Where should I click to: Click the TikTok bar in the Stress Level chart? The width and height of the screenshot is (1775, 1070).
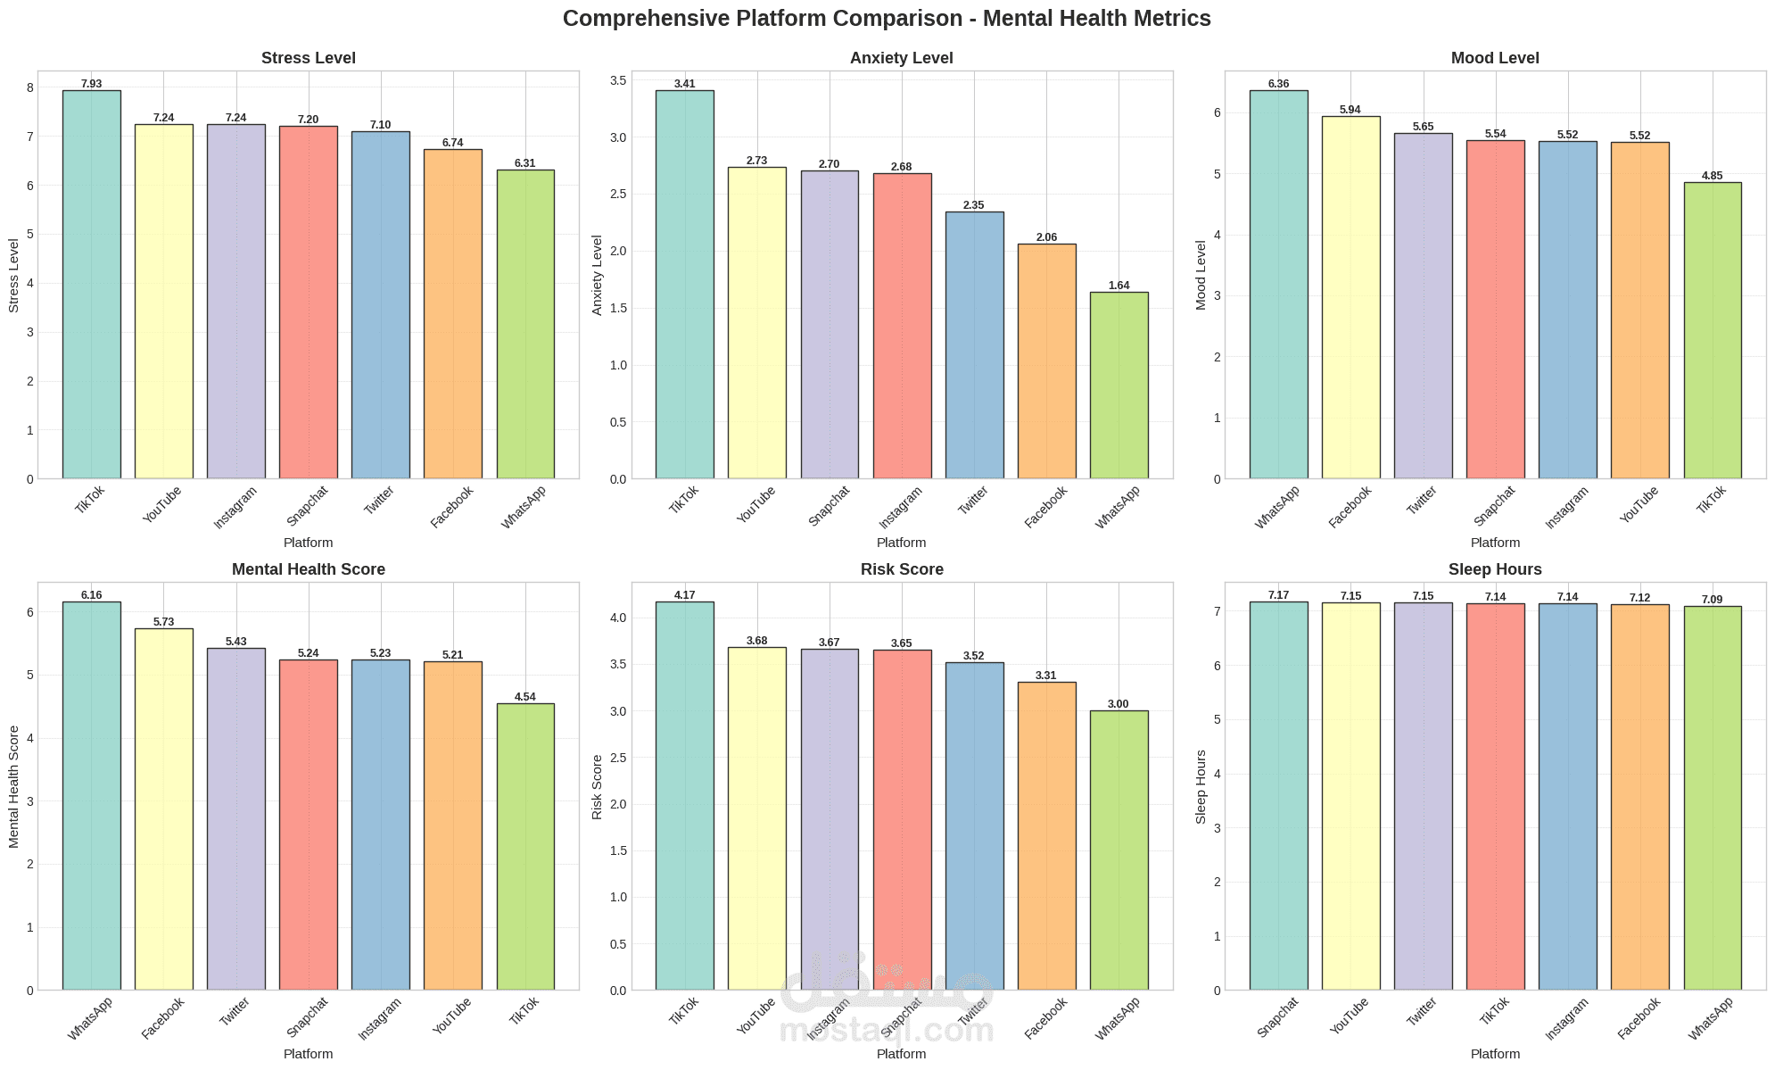92,286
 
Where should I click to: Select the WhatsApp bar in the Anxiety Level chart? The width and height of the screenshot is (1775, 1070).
1119,386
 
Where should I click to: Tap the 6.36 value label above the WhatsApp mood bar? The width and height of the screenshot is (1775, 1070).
1278,84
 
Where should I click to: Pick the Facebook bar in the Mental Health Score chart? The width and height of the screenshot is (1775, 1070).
164,809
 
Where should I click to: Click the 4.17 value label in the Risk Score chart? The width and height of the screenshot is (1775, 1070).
684,595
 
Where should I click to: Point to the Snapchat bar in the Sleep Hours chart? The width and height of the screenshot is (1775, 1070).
1278,795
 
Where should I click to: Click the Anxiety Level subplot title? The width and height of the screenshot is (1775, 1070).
902,58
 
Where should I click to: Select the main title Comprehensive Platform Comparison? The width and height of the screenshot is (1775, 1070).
887,19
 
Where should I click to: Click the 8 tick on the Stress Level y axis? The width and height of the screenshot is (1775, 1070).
29,87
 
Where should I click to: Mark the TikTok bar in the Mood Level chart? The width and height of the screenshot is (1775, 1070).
1712,330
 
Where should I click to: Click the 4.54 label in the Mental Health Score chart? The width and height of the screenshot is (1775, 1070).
524,697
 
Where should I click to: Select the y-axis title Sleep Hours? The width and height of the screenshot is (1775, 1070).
1201,786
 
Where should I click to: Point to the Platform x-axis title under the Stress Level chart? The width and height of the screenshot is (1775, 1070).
308,543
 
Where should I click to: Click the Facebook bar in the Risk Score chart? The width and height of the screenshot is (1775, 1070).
1045,835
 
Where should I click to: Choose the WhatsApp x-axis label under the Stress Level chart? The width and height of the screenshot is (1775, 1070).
524,507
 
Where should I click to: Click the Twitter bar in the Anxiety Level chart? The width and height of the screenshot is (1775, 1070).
974,345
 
